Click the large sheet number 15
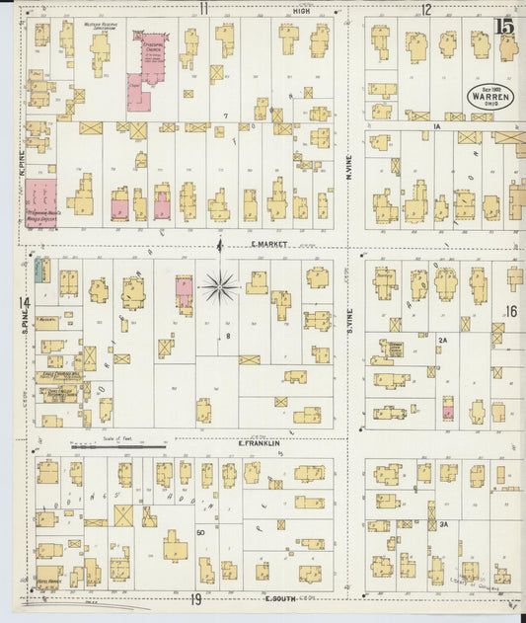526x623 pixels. [x=505, y=28]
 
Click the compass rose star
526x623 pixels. [x=219, y=288]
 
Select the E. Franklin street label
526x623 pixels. [x=261, y=443]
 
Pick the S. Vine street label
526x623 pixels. [x=349, y=319]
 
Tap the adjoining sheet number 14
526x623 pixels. [x=23, y=303]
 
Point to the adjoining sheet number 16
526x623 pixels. [x=510, y=311]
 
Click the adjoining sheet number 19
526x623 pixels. [x=196, y=598]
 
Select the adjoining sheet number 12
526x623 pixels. [x=426, y=10]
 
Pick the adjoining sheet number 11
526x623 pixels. [x=203, y=9]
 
